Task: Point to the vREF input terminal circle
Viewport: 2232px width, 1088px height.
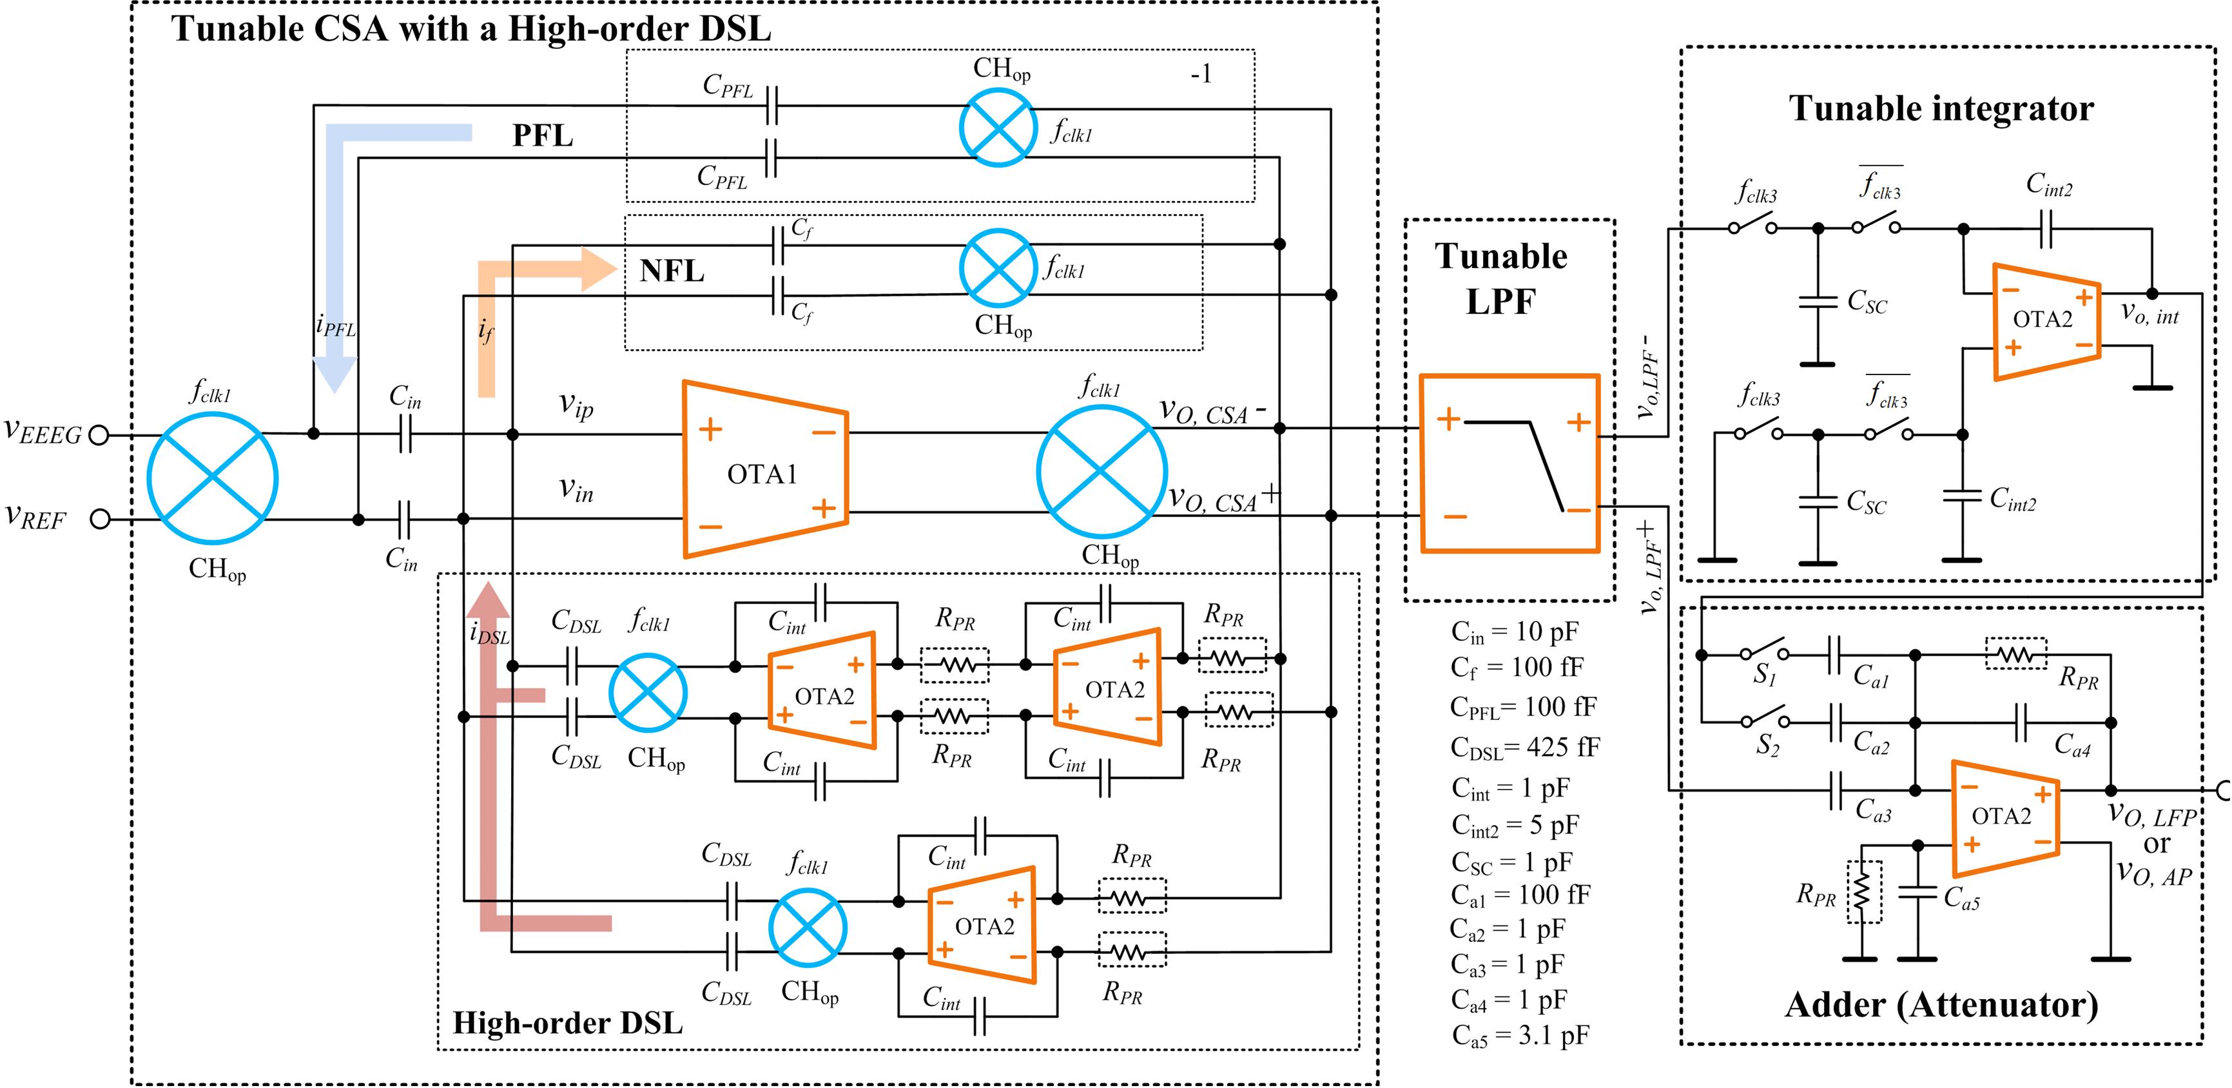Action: (x=101, y=519)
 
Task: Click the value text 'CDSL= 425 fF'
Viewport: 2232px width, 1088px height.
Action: (x=1525, y=746)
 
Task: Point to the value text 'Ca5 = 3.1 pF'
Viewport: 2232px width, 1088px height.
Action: (x=1520, y=1035)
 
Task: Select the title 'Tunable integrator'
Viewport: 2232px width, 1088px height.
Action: (x=1941, y=108)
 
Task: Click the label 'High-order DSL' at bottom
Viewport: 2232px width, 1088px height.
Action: (x=568, y=1023)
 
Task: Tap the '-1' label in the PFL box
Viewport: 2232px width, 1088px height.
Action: (x=1201, y=75)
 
